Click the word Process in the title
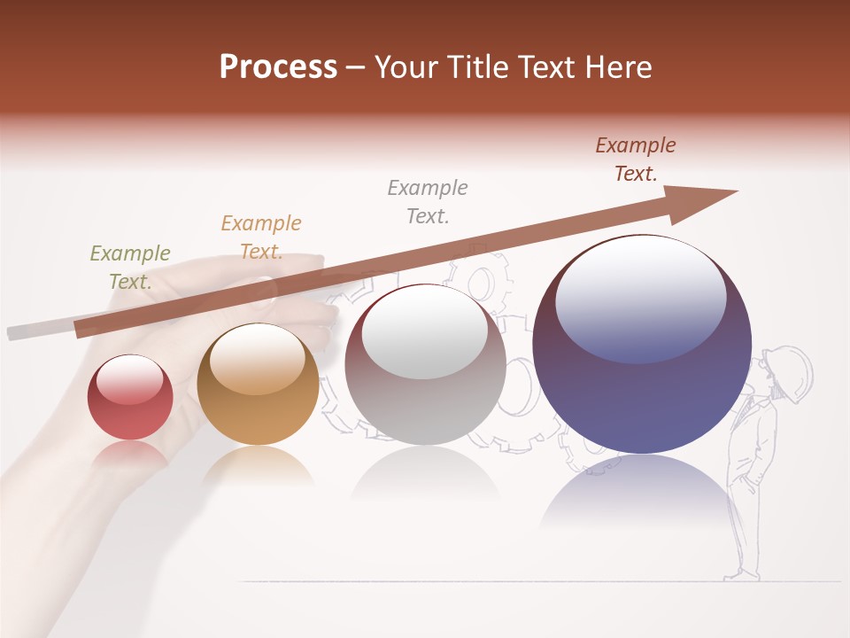(278, 67)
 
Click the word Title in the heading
(478, 67)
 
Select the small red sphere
(130, 398)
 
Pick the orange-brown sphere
(258, 385)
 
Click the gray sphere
(426, 365)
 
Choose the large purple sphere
(642, 346)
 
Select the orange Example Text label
(261, 237)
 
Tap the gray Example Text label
(428, 202)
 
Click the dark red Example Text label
(636, 159)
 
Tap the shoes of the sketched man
(741, 575)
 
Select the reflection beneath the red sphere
(130, 455)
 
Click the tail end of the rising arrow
(85, 329)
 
